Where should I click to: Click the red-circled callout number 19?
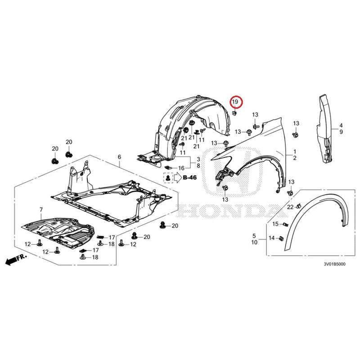pos(235,102)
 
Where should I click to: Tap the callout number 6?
pos(119,157)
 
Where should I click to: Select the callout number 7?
pos(41,210)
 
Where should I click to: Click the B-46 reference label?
pos(189,177)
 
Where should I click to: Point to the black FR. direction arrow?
pos(14,260)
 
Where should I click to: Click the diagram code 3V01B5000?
pos(334,264)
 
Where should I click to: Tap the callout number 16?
pos(181,168)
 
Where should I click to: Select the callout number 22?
pos(290,207)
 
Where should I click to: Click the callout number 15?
pos(275,224)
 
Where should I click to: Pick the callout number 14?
pos(272,238)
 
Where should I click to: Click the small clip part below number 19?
pos(234,113)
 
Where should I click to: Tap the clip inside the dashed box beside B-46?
pos(168,178)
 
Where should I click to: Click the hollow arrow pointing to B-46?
pos(177,178)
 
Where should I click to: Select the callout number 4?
pos(341,126)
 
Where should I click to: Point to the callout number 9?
pos(341,132)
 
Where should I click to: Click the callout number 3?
pos(198,159)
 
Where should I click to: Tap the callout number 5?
pos(254,236)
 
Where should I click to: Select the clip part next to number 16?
pos(169,167)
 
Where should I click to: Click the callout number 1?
pos(295,152)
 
